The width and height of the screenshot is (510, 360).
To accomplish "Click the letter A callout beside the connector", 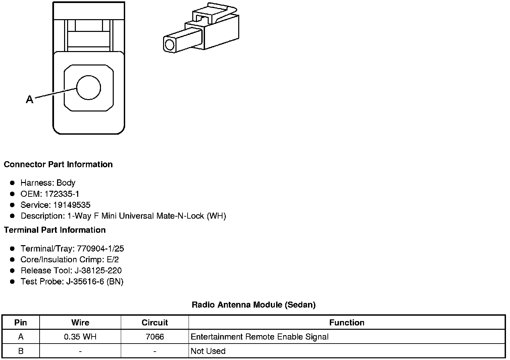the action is click(30, 99).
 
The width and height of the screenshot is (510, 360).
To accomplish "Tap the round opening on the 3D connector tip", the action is click(170, 45).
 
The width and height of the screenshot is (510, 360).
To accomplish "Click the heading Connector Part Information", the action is click(58, 164).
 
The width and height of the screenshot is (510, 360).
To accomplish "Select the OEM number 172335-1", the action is click(62, 194).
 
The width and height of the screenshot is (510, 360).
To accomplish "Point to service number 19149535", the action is click(72, 205).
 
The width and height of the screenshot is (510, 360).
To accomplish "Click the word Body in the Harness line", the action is click(66, 183).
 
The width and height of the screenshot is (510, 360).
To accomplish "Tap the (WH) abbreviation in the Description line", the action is click(216, 216).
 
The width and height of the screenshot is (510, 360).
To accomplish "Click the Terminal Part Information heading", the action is click(55, 230).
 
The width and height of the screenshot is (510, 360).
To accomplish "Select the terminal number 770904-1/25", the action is click(100, 249).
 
